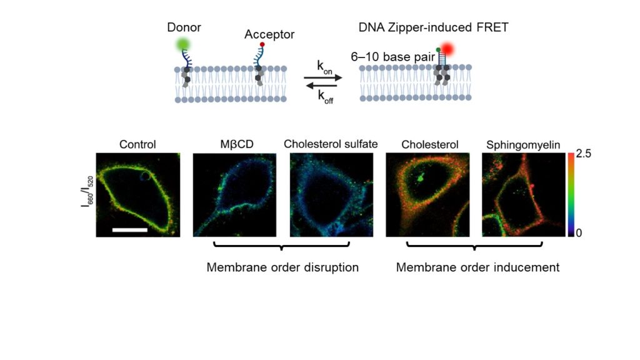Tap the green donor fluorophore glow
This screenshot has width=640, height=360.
183,44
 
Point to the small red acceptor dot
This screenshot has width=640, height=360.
263,45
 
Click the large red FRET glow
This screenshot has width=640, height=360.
450,49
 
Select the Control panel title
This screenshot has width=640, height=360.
138,144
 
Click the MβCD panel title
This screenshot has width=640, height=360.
234,144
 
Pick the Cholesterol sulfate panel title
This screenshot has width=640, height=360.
331,144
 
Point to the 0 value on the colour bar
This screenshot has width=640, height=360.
579,232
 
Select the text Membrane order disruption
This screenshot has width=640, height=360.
282,267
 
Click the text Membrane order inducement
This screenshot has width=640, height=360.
477,267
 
